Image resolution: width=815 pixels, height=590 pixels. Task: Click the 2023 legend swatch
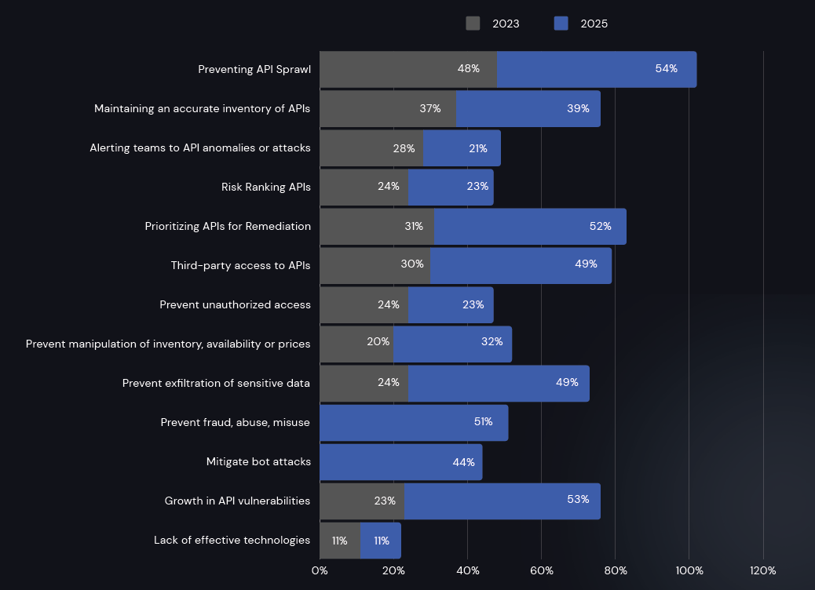(x=473, y=24)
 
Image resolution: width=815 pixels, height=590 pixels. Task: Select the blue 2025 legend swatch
(x=561, y=24)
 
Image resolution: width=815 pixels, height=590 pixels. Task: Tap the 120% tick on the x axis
(x=762, y=570)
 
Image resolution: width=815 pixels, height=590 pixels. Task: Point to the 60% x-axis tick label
(x=541, y=570)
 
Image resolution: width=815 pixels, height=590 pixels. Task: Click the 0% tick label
(x=320, y=570)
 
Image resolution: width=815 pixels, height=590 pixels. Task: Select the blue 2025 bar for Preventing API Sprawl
(x=597, y=69)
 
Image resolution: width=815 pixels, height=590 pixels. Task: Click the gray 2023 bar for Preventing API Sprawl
(x=408, y=69)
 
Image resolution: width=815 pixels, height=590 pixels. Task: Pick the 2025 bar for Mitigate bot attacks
(x=400, y=462)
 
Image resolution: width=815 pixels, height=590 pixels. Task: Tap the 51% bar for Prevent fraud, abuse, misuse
(x=414, y=423)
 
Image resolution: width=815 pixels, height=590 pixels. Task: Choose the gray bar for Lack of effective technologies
(x=340, y=541)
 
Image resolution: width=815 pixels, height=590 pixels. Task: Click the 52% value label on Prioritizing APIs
(x=600, y=226)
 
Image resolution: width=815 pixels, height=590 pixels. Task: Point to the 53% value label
(x=578, y=500)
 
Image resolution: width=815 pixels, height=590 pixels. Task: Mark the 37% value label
(x=430, y=108)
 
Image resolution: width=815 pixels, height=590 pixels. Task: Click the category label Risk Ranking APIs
(x=266, y=187)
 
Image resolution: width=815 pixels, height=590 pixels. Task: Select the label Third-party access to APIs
(x=240, y=265)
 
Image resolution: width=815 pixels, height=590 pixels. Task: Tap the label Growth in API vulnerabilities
(x=237, y=501)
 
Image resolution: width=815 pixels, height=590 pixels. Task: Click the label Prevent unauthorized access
(x=235, y=304)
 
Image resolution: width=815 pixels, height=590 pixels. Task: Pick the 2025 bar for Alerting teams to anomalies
(x=462, y=147)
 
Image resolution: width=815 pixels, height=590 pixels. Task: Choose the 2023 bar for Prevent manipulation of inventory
(x=356, y=344)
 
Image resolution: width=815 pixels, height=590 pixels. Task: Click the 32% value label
(x=492, y=341)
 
